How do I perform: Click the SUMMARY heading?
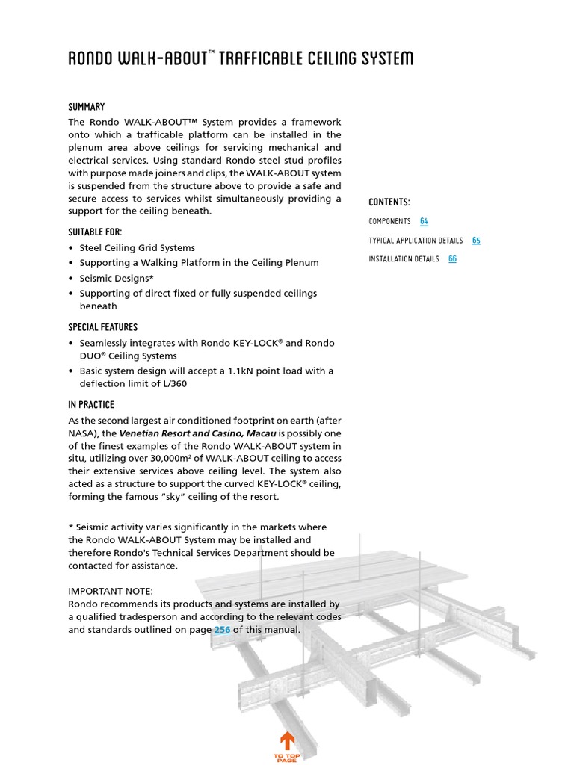point(86,107)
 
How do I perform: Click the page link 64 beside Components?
point(424,221)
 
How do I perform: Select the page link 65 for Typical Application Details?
point(476,241)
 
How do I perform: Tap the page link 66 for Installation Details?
point(452,259)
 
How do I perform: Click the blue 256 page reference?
point(222,630)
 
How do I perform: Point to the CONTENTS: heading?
point(389,202)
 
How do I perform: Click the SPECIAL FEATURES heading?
point(102,327)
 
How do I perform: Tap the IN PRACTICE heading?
point(91,405)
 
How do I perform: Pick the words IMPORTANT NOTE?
point(111,591)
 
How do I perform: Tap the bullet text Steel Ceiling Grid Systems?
point(137,247)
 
